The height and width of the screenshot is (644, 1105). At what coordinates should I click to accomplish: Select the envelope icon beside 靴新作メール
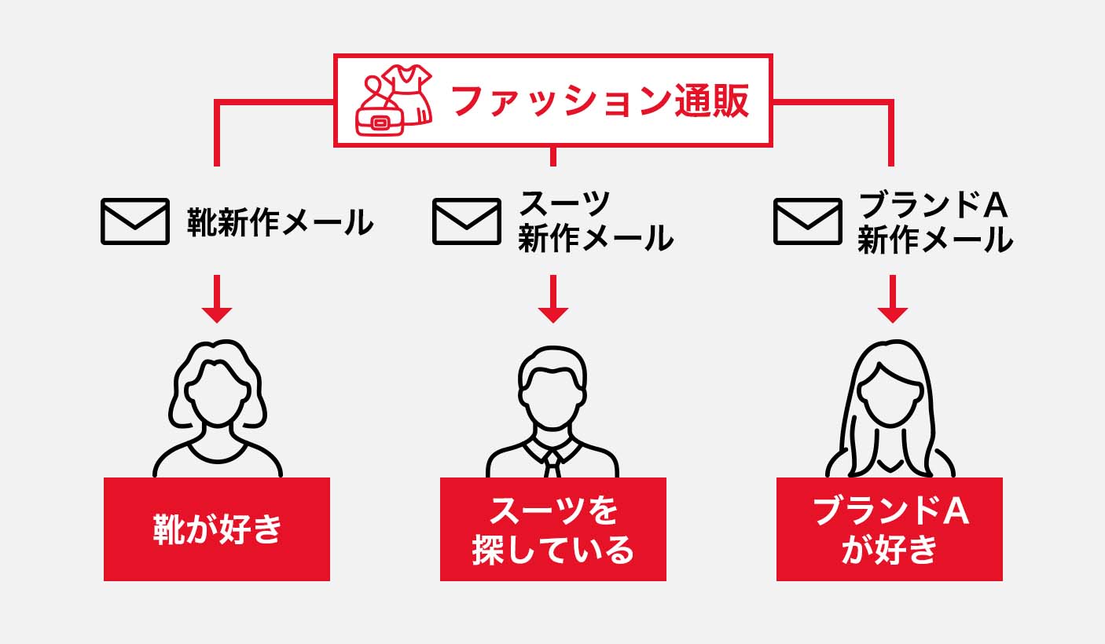134,221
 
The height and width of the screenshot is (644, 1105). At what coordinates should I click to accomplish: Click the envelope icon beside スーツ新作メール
467,221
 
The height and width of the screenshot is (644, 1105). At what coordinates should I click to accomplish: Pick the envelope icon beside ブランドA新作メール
807,221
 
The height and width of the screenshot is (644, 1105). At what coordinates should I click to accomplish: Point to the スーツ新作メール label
595,221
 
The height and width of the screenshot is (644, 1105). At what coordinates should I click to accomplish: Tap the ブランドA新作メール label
934,221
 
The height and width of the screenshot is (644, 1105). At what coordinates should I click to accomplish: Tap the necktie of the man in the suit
552,463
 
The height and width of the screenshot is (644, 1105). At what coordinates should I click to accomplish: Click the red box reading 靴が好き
217,529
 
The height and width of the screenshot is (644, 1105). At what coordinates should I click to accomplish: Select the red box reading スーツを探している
552,529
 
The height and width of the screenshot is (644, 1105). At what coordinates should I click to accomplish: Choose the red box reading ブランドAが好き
890,529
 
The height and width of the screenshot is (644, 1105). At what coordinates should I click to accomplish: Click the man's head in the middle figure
552,389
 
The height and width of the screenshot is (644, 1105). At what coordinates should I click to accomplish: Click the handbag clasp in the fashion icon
381,123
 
